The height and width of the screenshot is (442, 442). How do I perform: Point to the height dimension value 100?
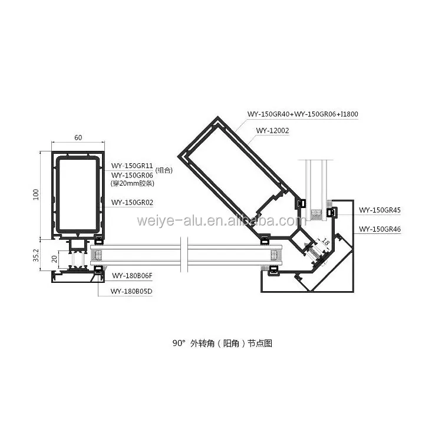(x=36, y=194)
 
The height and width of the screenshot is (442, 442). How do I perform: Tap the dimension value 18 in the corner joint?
(x=325, y=241)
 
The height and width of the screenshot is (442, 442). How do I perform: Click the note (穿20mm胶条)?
(x=133, y=183)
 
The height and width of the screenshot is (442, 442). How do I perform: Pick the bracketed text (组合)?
(x=164, y=170)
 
